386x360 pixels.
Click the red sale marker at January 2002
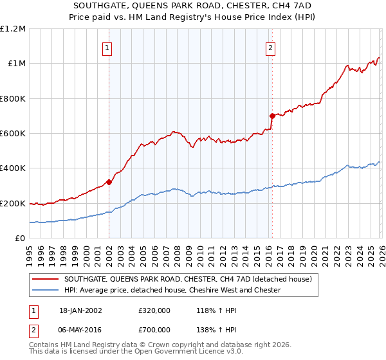point(109,182)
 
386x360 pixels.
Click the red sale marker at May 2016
point(272,116)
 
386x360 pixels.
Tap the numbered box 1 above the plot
point(107,47)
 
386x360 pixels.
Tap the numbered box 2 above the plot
point(271,47)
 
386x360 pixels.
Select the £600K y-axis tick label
point(14,134)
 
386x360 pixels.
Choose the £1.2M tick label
point(14,29)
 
